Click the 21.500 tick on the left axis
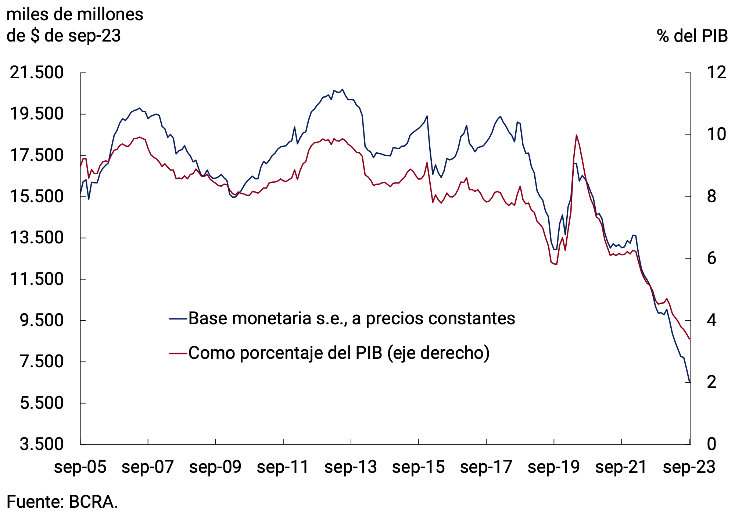(36, 73)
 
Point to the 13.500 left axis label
(36, 238)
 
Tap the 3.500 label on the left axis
(41, 444)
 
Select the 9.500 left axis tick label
(41, 320)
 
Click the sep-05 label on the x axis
(80, 467)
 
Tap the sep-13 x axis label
(351, 467)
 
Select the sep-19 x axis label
(553, 467)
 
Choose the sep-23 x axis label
(689, 467)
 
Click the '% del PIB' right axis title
(692, 36)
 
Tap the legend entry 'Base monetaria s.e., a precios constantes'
(351, 318)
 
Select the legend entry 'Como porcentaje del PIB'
(338, 353)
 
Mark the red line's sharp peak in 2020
(576, 135)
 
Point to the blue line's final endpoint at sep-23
(689, 382)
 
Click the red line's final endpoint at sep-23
(689, 339)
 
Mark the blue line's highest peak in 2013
(343, 89)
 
